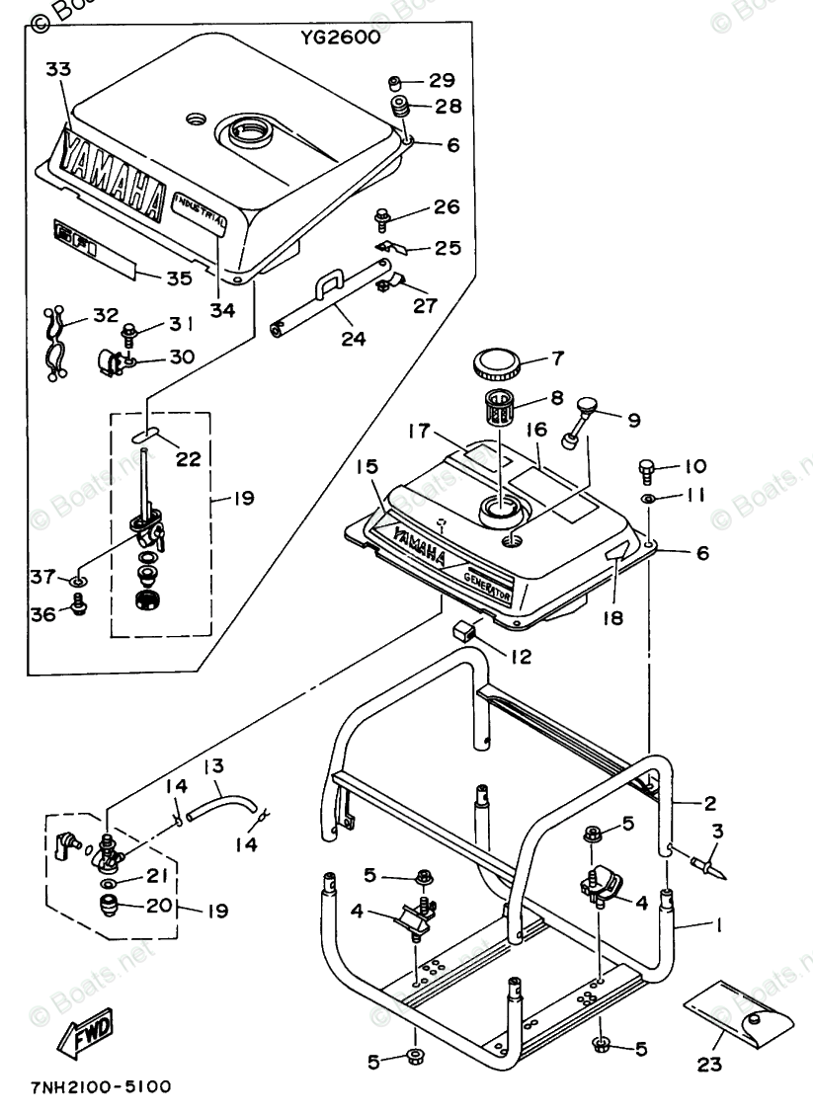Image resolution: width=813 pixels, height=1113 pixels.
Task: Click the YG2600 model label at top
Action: pos(341,40)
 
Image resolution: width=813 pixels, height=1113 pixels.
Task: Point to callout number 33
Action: pos(59,69)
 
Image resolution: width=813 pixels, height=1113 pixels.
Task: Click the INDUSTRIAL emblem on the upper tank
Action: pos(201,209)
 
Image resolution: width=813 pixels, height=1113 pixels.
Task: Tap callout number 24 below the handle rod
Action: pos(353,339)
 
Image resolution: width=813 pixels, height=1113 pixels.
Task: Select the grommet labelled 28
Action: pos(400,107)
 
